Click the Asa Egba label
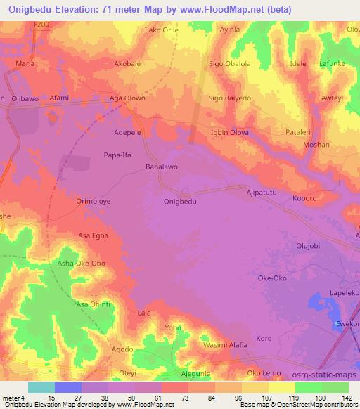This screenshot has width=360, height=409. [x=93, y=235]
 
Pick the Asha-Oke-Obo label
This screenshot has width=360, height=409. [x=81, y=263]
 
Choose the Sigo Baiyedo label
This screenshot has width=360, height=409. [x=229, y=98]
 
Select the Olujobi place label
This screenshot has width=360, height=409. [x=308, y=246]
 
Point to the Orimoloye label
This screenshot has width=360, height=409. [x=94, y=201]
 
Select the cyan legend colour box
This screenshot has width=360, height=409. [x=41, y=387]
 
